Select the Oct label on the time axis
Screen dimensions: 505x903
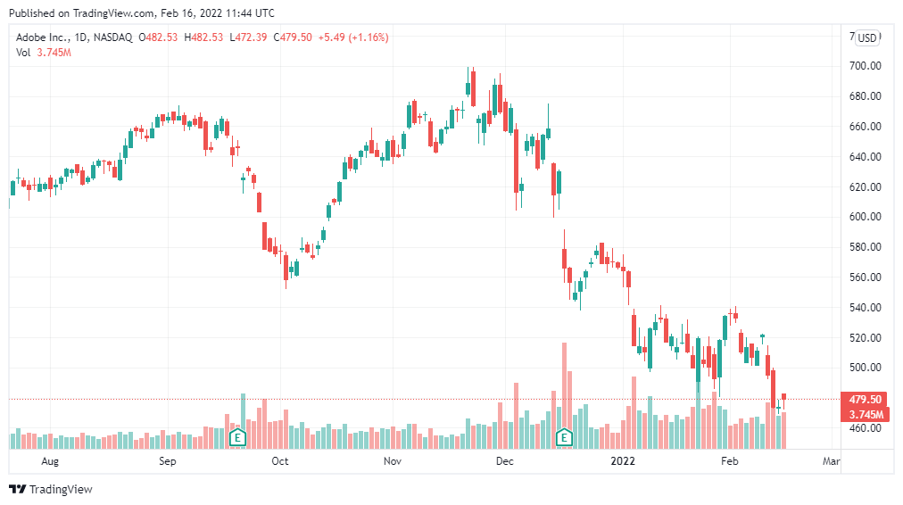[x=280, y=461]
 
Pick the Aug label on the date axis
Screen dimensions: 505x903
[x=50, y=461]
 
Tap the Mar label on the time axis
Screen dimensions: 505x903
[x=832, y=461]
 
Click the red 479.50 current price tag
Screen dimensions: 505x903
[x=865, y=400]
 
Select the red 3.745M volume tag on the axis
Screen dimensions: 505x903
[x=865, y=414]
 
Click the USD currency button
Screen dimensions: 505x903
[x=867, y=37]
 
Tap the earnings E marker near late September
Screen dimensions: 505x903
[x=237, y=437]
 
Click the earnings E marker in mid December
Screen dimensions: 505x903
[x=564, y=437]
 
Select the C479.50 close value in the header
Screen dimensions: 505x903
[x=293, y=37]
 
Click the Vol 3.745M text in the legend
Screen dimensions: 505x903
[x=44, y=53]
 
